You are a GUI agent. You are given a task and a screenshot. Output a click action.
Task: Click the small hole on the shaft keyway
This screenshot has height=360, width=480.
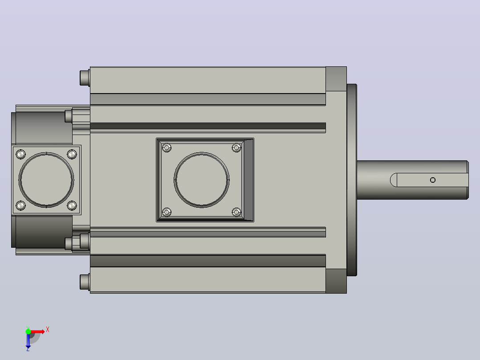(432, 180)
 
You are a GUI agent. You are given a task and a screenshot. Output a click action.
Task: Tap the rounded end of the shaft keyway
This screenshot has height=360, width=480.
(394, 180)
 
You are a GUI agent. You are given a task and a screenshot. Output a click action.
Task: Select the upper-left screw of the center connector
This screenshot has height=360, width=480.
(167, 147)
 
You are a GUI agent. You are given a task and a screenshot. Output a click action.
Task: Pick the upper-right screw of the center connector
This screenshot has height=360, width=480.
(236, 147)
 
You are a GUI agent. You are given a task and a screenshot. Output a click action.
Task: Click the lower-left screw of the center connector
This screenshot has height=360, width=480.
(167, 212)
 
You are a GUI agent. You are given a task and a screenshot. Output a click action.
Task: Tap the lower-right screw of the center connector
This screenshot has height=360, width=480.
(236, 212)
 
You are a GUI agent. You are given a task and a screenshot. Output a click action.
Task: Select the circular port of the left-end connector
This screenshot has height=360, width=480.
(20, 180)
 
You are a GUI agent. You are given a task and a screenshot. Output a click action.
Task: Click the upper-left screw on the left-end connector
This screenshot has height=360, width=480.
(20, 154)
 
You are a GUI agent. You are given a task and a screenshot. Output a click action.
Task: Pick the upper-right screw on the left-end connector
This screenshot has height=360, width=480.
(72, 154)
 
